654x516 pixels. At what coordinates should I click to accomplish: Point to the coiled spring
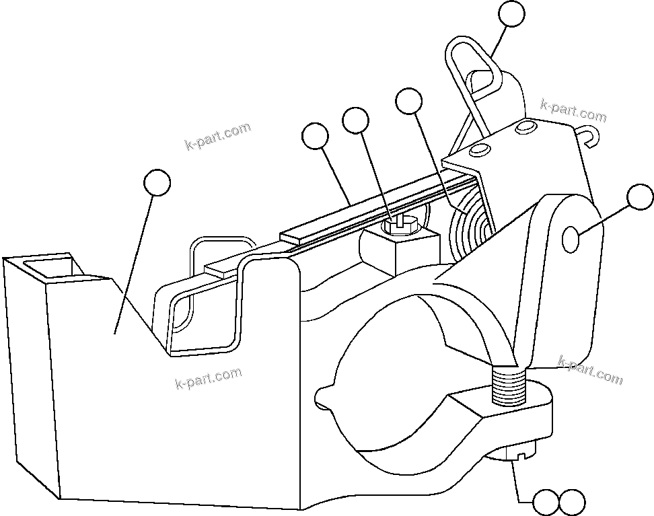(x=470, y=225)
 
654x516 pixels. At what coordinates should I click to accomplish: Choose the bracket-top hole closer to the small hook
(x=525, y=128)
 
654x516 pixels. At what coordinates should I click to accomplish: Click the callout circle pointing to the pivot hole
(x=639, y=198)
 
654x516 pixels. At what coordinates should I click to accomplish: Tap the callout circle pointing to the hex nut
(x=355, y=121)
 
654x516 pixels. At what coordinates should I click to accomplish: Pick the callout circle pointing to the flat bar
(x=315, y=137)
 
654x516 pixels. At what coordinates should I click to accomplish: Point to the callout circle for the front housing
(x=157, y=182)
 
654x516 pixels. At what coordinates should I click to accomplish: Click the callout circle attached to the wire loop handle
(x=511, y=15)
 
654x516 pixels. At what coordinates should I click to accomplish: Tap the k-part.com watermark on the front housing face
(x=208, y=379)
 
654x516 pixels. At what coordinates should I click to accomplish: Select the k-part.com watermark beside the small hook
(x=573, y=112)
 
